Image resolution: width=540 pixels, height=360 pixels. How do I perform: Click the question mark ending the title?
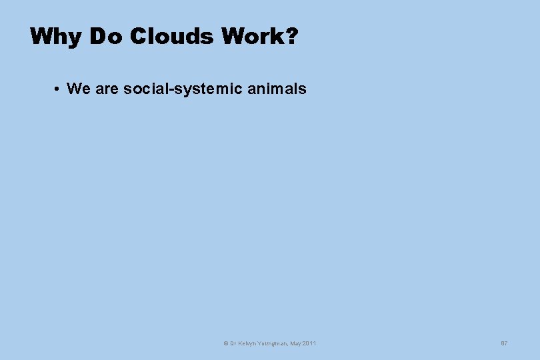[x=291, y=37]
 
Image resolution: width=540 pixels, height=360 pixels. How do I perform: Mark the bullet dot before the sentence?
[x=59, y=89]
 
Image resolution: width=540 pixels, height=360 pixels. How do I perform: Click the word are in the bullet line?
[x=107, y=89]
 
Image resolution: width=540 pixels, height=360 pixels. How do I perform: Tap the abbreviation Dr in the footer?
[x=232, y=343]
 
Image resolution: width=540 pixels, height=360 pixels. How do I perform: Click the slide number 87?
[x=504, y=343]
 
